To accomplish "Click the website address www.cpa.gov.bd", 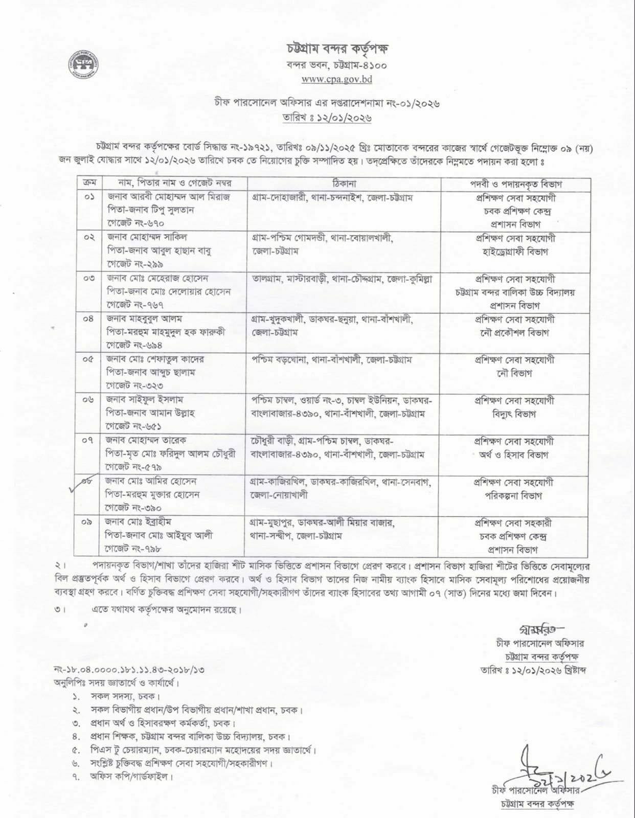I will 336,79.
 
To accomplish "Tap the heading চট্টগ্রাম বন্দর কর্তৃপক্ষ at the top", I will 337,50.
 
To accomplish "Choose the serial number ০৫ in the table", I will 88,360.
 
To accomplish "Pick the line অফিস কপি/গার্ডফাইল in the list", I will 130,777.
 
